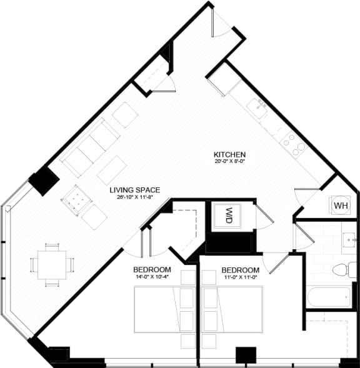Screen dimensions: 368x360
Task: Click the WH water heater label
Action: click(x=341, y=205)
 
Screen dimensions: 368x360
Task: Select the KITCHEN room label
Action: click(x=229, y=154)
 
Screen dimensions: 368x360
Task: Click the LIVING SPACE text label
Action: click(x=135, y=190)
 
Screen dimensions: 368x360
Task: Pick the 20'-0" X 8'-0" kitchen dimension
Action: click(x=229, y=162)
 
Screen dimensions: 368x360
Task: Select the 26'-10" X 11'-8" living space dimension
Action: click(x=135, y=197)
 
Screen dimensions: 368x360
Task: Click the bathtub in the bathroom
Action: click(x=327, y=297)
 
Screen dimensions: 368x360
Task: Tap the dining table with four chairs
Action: click(x=52, y=265)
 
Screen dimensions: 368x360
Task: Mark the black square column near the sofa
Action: click(x=45, y=181)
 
